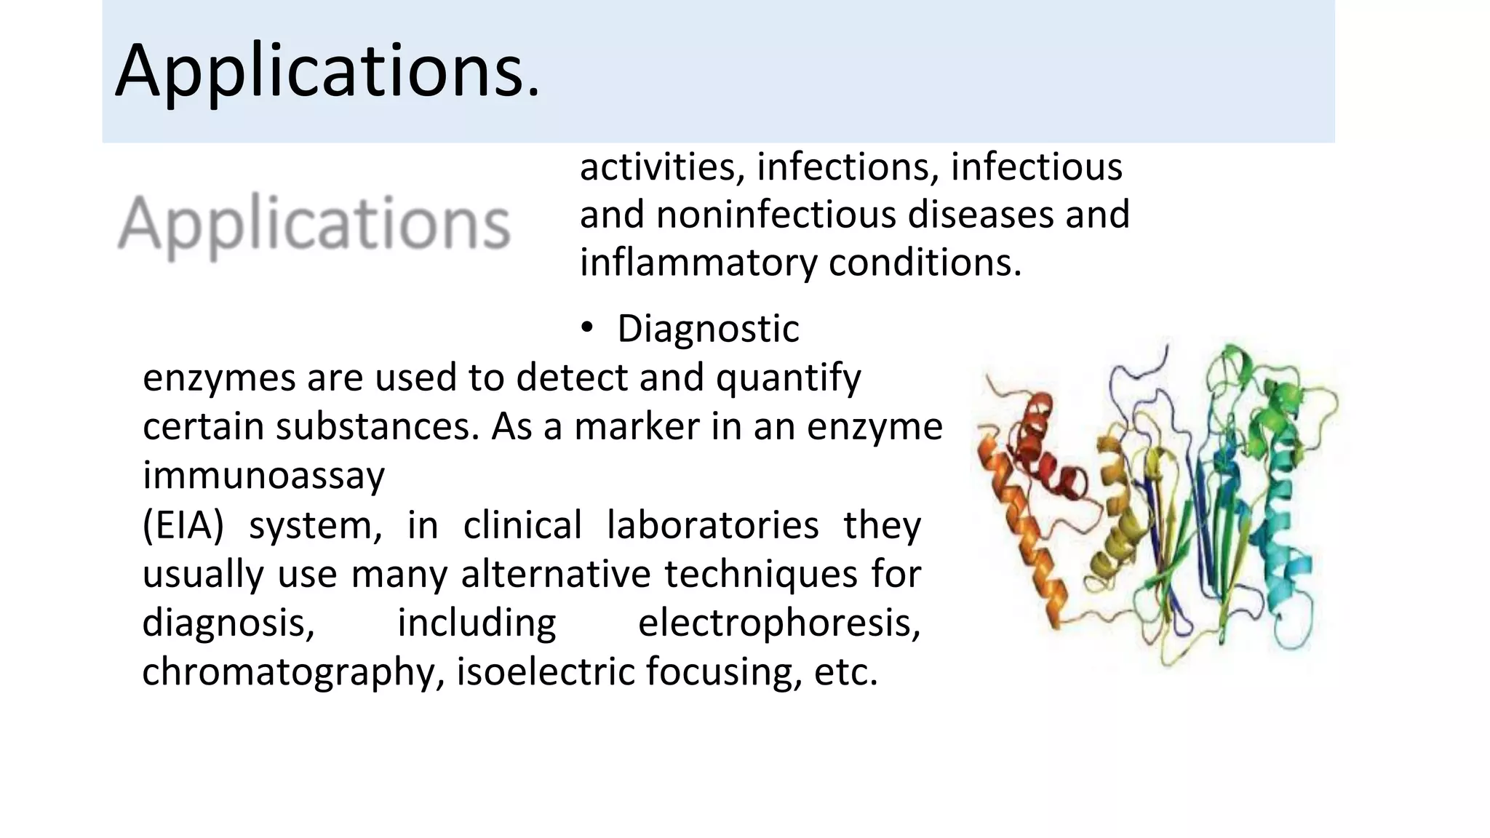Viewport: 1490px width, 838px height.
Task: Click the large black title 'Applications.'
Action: [x=327, y=71]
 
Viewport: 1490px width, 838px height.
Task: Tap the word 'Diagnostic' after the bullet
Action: [x=708, y=329]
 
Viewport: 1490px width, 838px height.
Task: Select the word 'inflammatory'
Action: [x=698, y=263]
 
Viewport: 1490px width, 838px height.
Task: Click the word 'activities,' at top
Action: [x=661, y=167]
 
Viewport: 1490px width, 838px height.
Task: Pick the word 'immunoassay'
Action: [x=263, y=476]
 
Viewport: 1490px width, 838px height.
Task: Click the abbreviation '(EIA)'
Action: [x=183, y=525]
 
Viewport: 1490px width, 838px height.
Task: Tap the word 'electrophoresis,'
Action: [x=779, y=623]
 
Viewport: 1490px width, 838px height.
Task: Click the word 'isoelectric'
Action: [x=545, y=671]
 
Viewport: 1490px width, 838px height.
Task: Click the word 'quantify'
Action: [x=788, y=378]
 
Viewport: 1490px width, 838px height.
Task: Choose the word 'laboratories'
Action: [x=712, y=525]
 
